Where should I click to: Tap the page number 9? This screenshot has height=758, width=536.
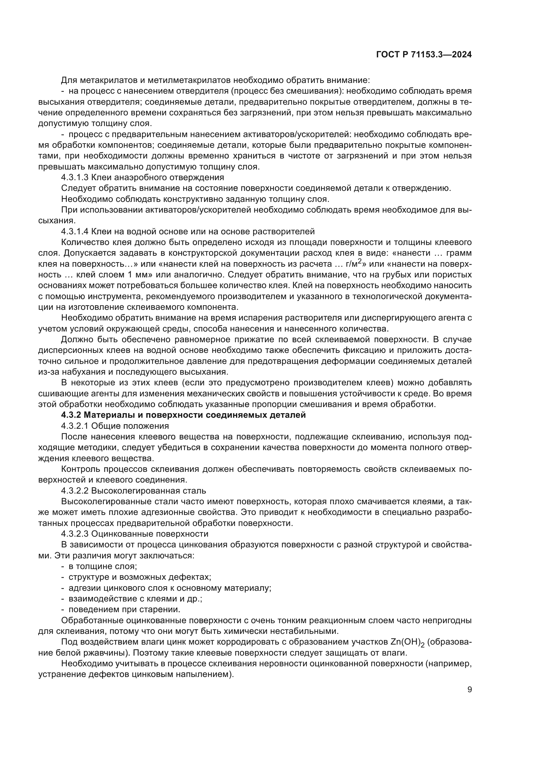click(x=469, y=690)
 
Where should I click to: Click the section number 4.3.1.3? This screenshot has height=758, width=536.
click(x=75, y=178)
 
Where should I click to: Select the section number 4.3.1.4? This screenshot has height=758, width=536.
click(x=75, y=231)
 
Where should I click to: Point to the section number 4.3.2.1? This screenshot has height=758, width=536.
click(x=75, y=426)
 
